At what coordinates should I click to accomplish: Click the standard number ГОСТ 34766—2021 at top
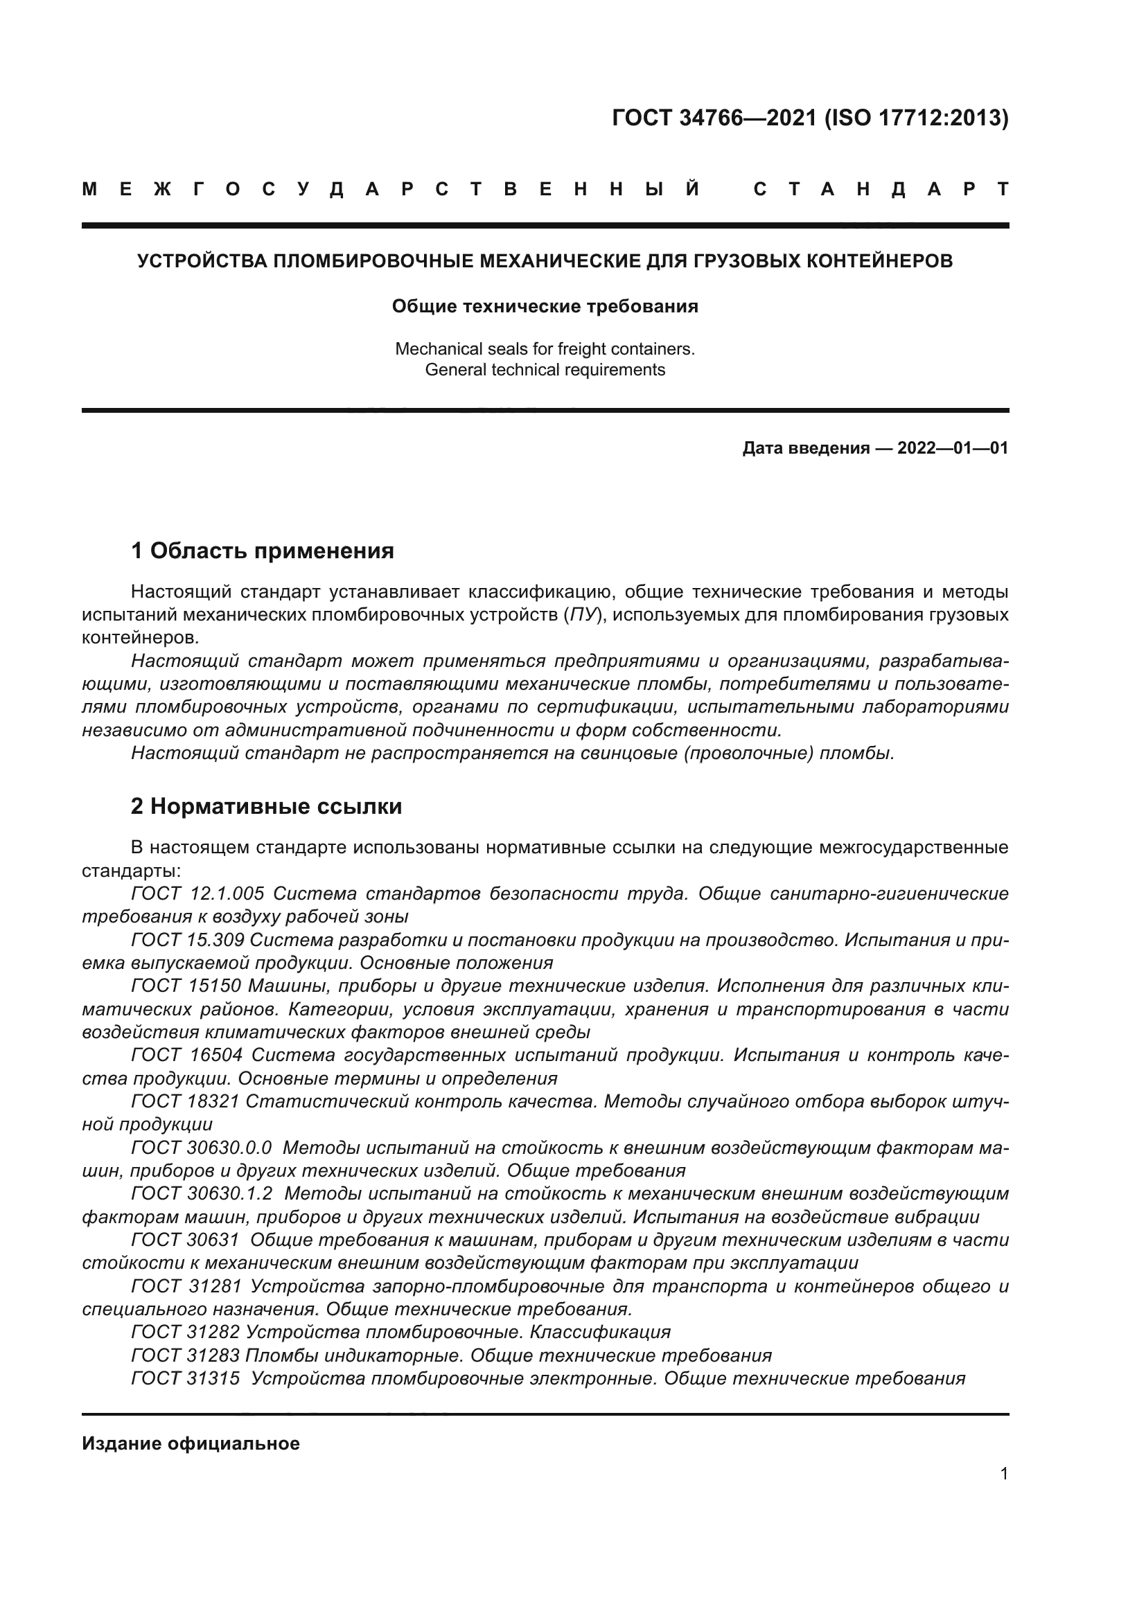point(714,118)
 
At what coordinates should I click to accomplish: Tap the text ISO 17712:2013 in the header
point(917,118)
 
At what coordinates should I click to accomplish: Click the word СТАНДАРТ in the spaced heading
point(881,189)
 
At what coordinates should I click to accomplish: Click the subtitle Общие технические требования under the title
point(545,306)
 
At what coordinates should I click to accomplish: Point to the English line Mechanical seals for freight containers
point(545,348)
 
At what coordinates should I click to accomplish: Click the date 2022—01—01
point(952,448)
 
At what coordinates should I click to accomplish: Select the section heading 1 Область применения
point(262,551)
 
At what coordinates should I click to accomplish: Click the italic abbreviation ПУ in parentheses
point(583,614)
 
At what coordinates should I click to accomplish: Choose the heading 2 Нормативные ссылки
point(266,805)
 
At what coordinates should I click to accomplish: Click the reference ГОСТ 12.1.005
point(197,893)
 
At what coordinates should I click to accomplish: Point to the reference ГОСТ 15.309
point(186,940)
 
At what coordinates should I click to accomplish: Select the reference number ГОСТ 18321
point(186,1101)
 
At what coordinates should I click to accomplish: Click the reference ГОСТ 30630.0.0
point(201,1148)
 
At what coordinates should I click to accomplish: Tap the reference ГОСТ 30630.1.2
point(201,1194)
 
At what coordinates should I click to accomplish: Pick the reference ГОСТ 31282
point(186,1332)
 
